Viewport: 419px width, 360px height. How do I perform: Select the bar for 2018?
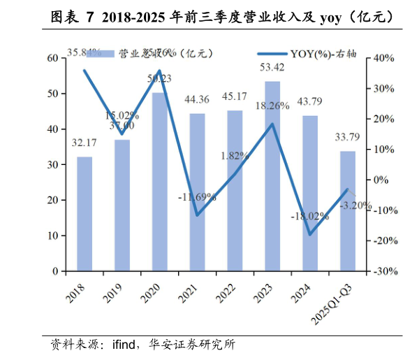84,213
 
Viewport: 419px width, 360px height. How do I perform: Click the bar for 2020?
159,182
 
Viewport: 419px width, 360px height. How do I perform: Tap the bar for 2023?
272,176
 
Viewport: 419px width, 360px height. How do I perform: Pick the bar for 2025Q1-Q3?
348,210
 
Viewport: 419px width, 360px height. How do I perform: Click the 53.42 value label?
272,68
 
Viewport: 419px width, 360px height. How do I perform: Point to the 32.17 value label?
84,143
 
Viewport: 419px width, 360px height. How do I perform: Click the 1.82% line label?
235,155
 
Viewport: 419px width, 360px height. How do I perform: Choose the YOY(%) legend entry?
307,53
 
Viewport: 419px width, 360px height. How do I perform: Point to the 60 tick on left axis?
53,58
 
